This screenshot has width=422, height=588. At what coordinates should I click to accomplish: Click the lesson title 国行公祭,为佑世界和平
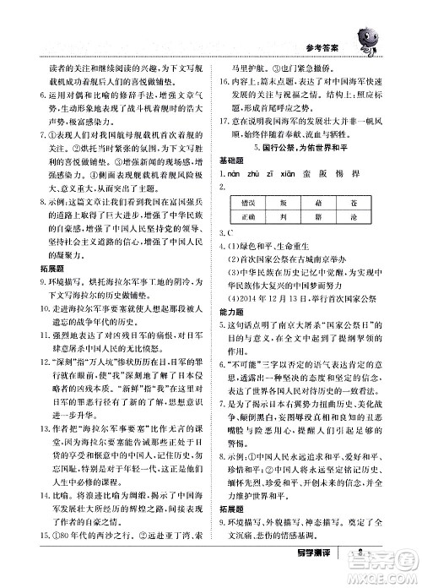(x=300, y=147)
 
